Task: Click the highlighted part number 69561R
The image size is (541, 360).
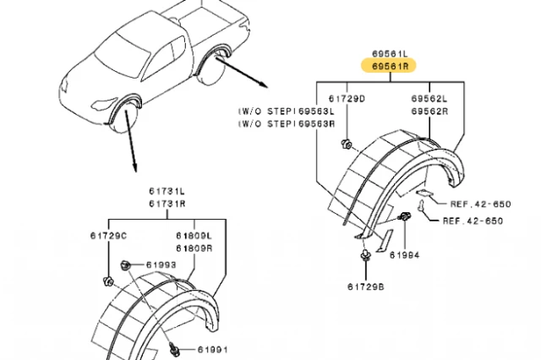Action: (391, 63)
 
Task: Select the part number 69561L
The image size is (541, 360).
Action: (391, 51)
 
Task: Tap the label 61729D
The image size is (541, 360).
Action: (349, 99)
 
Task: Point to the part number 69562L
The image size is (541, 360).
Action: (431, 99)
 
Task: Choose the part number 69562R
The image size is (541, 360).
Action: (431, 112)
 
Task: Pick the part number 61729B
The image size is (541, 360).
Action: (364, 287)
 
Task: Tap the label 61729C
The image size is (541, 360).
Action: (109, 235)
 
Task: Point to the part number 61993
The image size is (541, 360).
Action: (161, 265)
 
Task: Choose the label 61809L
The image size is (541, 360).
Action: (194, 235)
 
